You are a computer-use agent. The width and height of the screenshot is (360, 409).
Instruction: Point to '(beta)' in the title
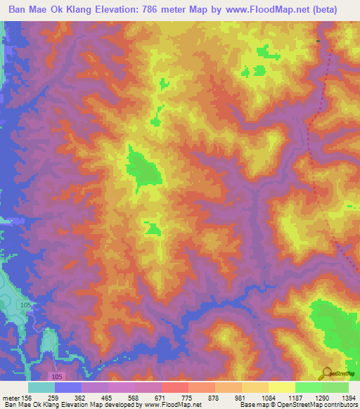tap(321, 10)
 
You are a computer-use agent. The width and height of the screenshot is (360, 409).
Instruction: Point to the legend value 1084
tap(269, 398)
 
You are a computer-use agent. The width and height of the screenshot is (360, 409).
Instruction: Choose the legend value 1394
tap(347, 398)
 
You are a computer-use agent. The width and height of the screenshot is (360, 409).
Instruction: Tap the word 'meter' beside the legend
tap(11, 398)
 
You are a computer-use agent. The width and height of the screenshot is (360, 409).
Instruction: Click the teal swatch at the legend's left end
tap(41, 387)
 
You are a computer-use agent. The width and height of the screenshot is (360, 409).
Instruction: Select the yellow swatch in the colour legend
tap(281, 387)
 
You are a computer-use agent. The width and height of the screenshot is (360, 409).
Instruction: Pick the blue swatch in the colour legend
tap(68, 387)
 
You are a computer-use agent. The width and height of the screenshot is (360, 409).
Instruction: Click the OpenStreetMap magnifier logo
tap(328, 372)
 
